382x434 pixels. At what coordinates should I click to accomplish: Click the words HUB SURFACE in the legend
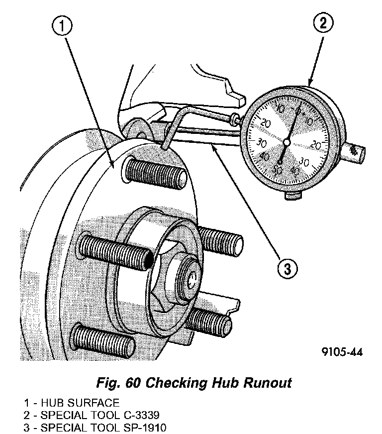(80, 403)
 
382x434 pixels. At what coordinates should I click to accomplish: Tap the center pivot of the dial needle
(286, 142)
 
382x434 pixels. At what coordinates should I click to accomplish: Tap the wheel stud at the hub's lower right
(211, 321)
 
